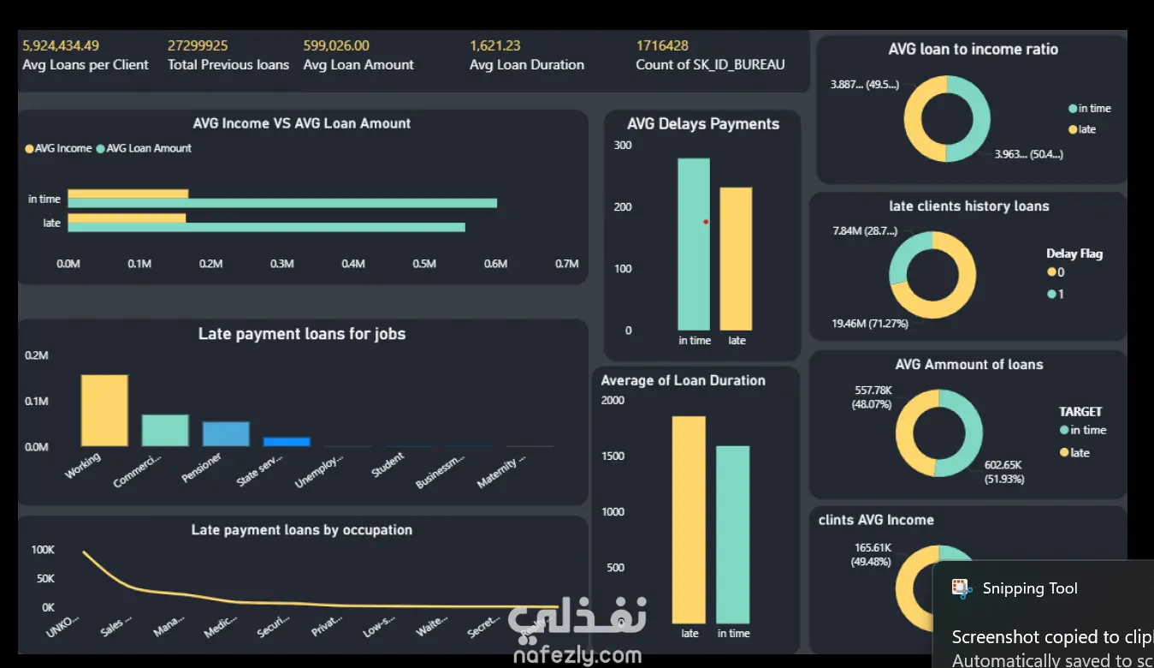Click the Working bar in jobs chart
pyautogui.click(x=104, y=410)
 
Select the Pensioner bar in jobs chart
pyautogui.click(x=226, y=433)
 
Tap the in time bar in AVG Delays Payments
pyautogui.click(x=694, y=244)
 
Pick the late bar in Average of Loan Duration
pyautogui.click(x=689, y=519)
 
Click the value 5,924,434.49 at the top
pyautogui.click(x=61, y=45)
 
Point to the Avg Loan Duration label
pyautogui.click(x=527, y=65)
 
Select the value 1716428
pyautogui.click(x=662, y=45)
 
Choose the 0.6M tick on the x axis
pyautogui.click(x=495, y=264)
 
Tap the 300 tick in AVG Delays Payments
pyautogui.click(x=623, y=146)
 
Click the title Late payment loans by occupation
pyautogui.click(x=301, y=530)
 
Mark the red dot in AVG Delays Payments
pyautogui.click(x=706, y=222)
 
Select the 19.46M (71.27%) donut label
pyautogui.click(x=870, y=324)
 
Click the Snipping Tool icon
pyautogui.click(x=962, y=588)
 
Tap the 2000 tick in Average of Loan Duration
pyautogui.click(x=613, y=400)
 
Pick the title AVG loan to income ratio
pyautogui.click(x=973, y=50)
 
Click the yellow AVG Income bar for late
pyautogui.click(x=127, y=218)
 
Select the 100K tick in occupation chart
pyautogui.click(x=43, y=550)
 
